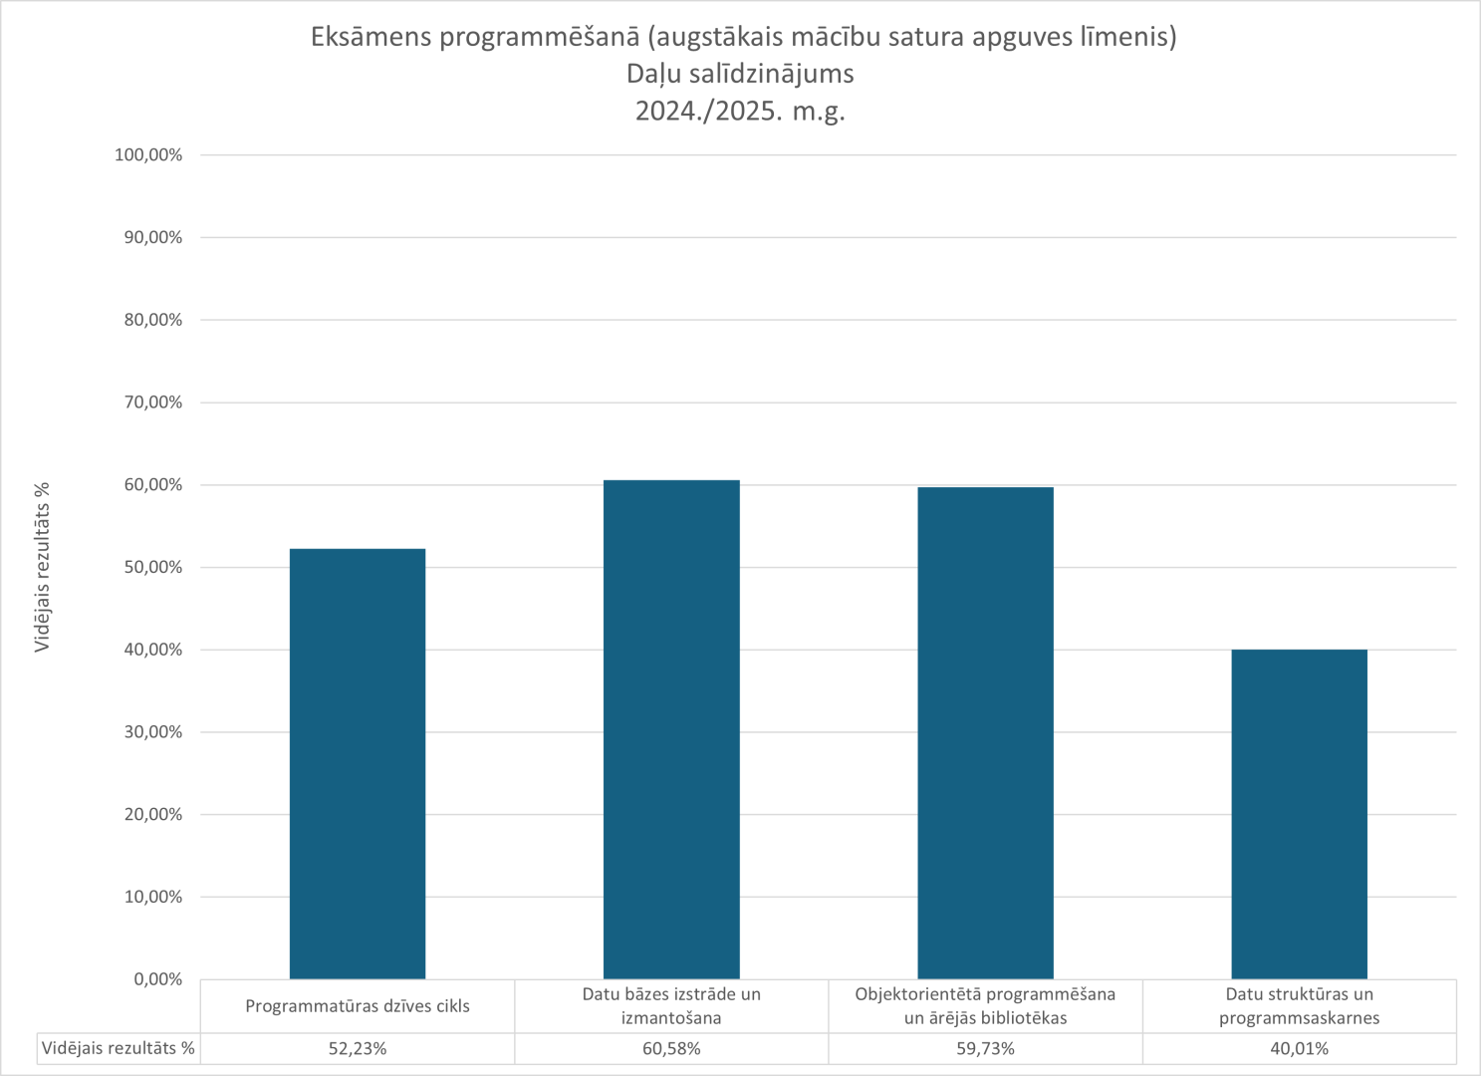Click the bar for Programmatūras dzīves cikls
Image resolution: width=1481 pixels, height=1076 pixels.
point(358,763)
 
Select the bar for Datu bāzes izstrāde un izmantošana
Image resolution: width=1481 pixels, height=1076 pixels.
point(671,729)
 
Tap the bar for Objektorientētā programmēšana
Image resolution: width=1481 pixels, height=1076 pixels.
point(985,732)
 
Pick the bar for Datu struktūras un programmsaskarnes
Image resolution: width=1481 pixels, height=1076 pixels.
point(1299,814)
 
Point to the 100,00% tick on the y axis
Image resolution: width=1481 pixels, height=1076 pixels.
point(148,155)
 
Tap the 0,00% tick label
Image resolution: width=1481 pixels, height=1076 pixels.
point(157,979)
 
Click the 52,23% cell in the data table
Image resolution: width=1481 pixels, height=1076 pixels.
point(358,1049)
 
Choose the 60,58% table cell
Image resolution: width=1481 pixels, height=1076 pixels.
point(671,1049)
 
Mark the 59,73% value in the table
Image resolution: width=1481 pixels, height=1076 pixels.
point(985,1049)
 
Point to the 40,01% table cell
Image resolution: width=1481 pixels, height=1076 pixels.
point(1299,1049)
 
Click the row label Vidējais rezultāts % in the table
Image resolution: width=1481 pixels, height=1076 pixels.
point(119,1049)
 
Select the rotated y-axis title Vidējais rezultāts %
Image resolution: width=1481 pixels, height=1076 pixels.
point(42,567)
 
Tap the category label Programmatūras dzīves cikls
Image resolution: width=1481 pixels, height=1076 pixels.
point(358,1006)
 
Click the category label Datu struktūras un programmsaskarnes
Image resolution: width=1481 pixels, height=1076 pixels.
point(1299,1006)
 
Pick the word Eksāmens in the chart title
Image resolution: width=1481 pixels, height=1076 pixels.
point(370,38)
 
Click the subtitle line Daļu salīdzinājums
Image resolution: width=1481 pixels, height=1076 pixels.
point(740,74)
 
